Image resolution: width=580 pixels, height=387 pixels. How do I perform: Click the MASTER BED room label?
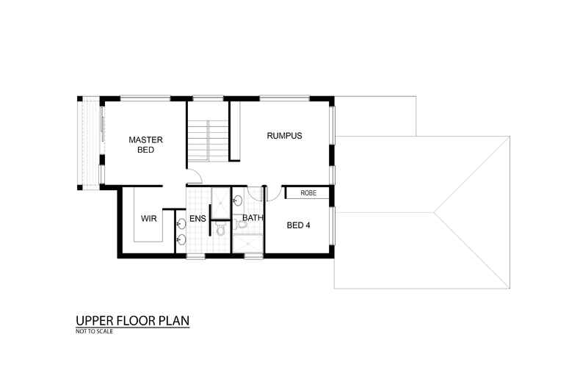(x=145, y=145)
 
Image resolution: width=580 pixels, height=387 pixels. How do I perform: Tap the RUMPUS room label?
(x=284, y=136)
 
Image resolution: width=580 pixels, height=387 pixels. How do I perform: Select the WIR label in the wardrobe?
(x=150, y=219)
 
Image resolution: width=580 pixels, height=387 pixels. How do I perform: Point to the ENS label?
(x=197, y=219)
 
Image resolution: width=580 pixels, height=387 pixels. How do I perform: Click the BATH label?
(x=253, y=218)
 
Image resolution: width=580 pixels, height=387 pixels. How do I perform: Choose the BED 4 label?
(x=298, y=225)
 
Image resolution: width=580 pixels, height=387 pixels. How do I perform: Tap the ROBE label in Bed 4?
(x=308, y=193)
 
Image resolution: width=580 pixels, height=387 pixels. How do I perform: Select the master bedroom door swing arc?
(x=193, y=177)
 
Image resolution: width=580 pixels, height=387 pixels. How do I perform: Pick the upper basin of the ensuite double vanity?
(x=181, y=223)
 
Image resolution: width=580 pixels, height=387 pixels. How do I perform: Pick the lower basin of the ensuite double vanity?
(x=181, y=239)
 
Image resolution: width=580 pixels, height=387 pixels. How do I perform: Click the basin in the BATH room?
(x=238, y=200)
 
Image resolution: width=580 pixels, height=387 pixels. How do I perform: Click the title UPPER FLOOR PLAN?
(x=132, y=321)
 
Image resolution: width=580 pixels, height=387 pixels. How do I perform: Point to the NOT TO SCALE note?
(x=94, y=331)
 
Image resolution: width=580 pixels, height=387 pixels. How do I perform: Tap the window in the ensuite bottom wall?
(x=195, y=256)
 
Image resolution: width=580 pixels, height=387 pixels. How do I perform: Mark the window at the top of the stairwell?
(x=209, y=98)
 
